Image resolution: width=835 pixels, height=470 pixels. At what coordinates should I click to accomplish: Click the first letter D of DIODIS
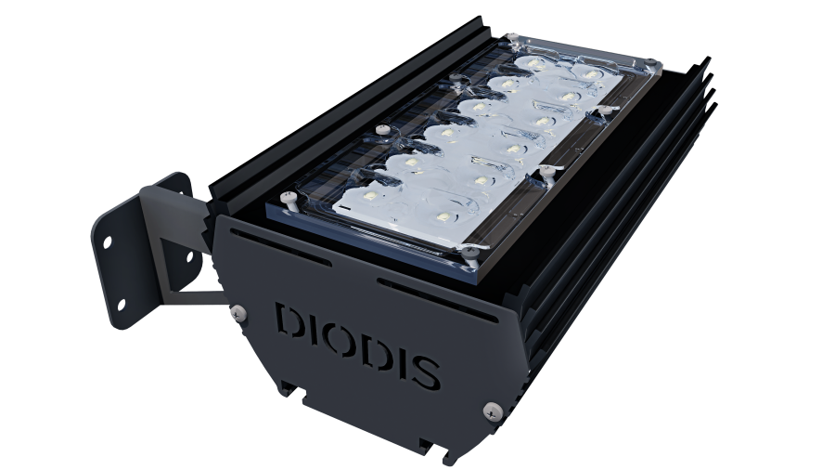tap(289, 320)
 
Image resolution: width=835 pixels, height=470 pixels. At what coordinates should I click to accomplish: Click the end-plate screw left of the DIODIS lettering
tap(240, 310)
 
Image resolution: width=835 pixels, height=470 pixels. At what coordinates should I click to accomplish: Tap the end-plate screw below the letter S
tap(489, 406)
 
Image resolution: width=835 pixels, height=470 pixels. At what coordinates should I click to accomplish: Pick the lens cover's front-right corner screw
tap(469, 248)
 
